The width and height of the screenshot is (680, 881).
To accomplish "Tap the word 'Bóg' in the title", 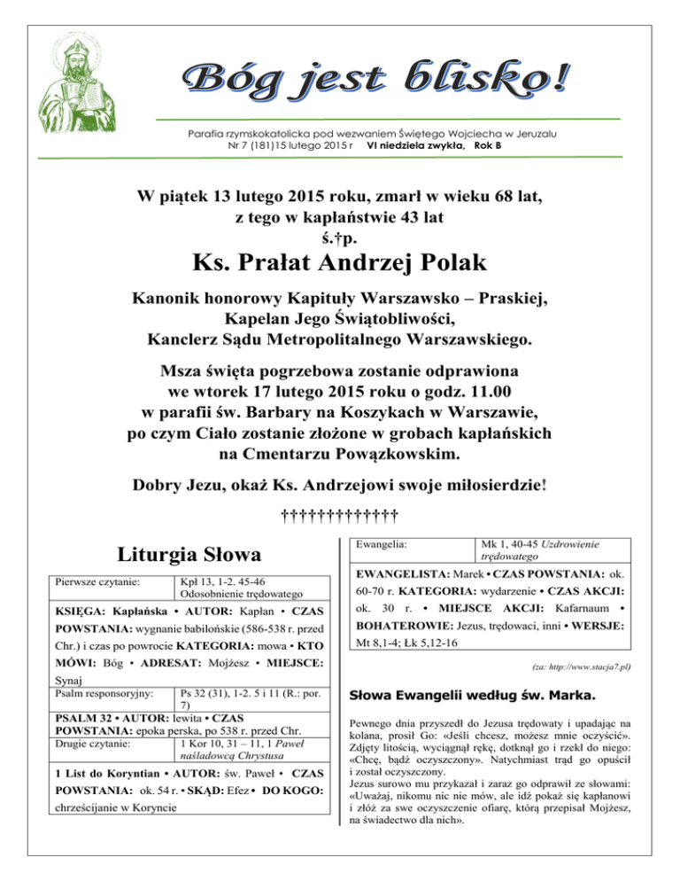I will coord(231,82).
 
